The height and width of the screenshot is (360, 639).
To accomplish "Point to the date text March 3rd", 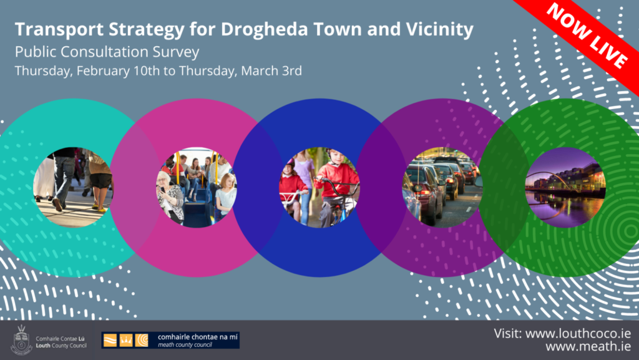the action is [x=271, y=71].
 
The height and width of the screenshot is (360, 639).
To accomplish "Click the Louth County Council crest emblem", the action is [x=22, y=340].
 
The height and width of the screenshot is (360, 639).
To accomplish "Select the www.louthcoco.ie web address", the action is [x=578, y=334].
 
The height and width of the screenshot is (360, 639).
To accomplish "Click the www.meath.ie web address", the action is [x=588, y=346].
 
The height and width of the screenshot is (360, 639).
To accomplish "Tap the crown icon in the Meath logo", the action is [x=126, y=340].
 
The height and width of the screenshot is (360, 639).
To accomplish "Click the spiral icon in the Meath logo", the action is [x=142, y=340].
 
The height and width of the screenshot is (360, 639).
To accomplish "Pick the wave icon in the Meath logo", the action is [x=110, y=340].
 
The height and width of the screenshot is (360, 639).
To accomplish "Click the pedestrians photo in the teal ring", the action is [x=74, y=187].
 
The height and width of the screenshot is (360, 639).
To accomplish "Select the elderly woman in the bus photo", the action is [x=170, y=197].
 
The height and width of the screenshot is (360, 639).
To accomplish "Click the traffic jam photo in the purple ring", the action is [x=443, y=187].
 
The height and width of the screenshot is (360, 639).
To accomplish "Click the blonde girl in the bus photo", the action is [x=225, y=195].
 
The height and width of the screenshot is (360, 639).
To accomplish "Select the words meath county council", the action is [x=185, y=345].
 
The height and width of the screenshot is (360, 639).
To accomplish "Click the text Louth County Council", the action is [x=61, y=346].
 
